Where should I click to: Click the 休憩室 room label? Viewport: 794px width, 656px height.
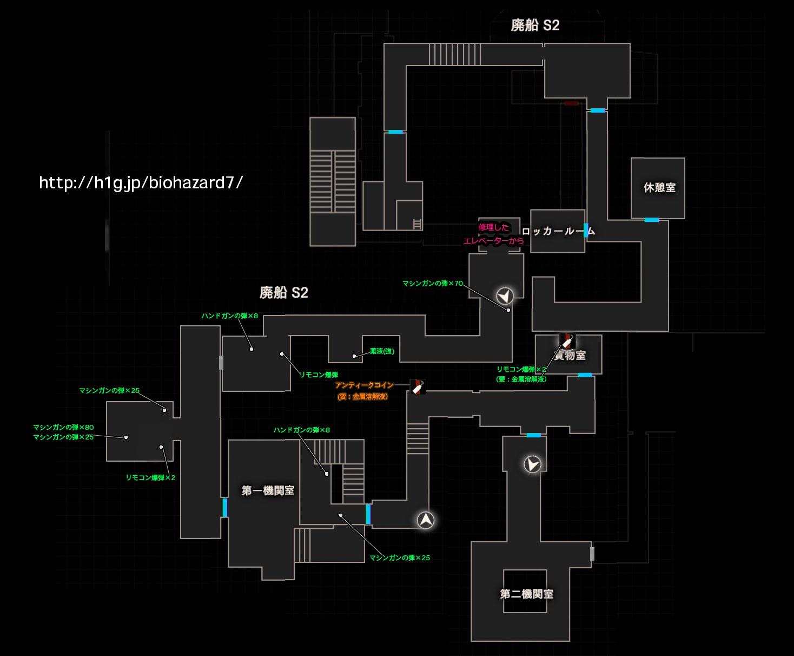pyautogui.click(x=659, y=188)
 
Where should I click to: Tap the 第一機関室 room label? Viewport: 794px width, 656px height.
pyautogui.click(x=268, y=491)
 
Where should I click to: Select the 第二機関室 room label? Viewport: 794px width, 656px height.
pyautogui.click(x=526, y=594)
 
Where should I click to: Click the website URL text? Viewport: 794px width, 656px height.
pyautogui.click(x=141, y=183)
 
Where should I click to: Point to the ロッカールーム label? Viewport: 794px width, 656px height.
pyautogui.click(x=558, y=232)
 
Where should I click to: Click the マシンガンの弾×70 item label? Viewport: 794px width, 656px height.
pyautogui.click(x=432, y=284)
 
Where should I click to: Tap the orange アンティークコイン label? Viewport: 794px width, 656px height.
pyautogui.click(x=364, y=385)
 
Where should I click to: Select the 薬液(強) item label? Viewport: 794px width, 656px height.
pyautogui.click(x=382, y=351)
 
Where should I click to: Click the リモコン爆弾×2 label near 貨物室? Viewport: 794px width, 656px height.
pyautogui.click(x=521, y=370)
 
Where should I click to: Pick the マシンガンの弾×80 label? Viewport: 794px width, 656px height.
pyautogui.click(x=63, y=428)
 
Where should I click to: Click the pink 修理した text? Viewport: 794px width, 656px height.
pyautogui.click(x=493, y=227)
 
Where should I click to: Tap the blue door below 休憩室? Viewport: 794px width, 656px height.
pyautogui.click(x=651, y=220)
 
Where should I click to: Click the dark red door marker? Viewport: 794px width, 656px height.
pyautogui.click(x=571, y=103)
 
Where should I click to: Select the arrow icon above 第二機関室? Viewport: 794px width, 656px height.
pyautogui.click(x=532, y=464)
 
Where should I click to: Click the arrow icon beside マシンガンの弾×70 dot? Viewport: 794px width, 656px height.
pyautogui.click(x=505, y=296)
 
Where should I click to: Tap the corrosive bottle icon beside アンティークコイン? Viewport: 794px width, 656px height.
pyautogui.click(x=417, y=386)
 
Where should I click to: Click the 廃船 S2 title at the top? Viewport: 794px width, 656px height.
pyautogui.click(x=535, y=25)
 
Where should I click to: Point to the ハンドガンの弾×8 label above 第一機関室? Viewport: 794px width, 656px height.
pyautogui.click(x=301, y=430)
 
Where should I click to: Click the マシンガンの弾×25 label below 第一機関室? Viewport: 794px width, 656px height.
pyautogui.click(x=399, y=558)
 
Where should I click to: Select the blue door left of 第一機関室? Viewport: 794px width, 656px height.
pyautogui.click(x=224, y=508)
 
